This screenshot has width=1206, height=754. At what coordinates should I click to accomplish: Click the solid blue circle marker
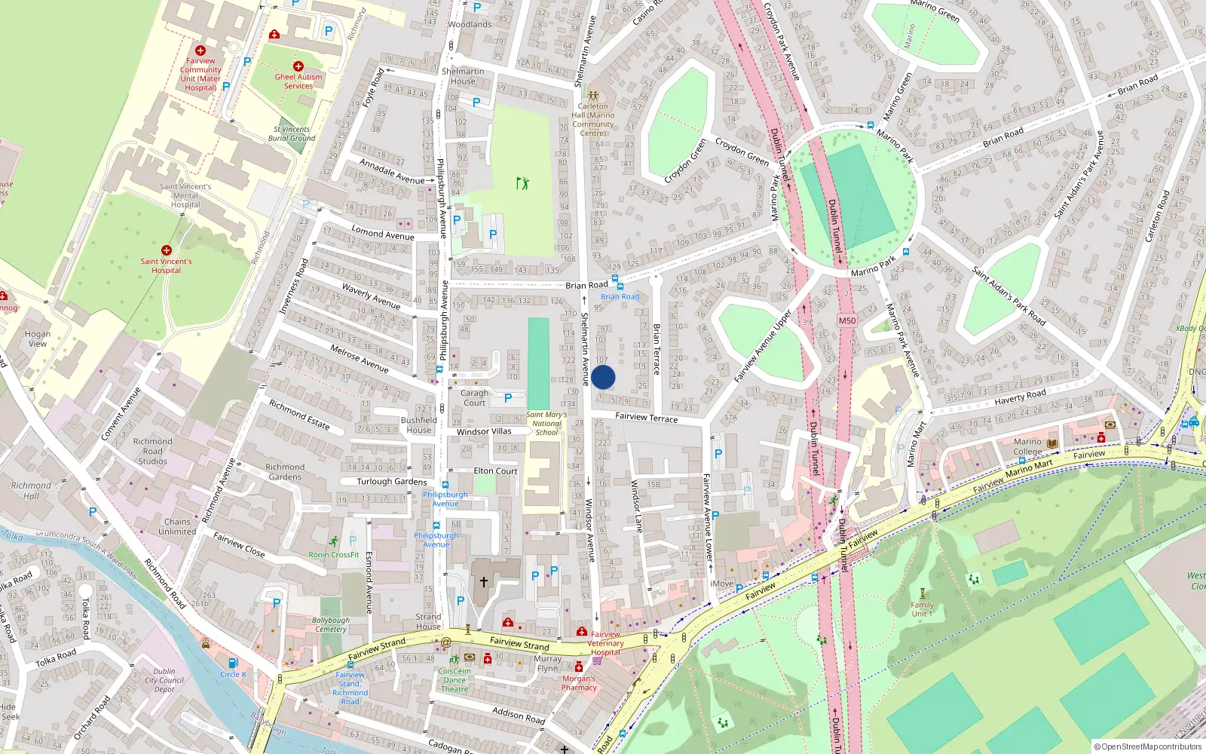(x=603, y=377)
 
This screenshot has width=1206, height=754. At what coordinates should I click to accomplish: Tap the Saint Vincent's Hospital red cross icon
(x=167, y=250)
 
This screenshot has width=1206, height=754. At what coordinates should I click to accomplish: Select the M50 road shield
(x=847, y=320)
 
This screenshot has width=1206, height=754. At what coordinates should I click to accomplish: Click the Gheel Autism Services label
(x=298, y=81)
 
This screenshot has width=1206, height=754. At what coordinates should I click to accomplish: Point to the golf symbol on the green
(x=522, y=182)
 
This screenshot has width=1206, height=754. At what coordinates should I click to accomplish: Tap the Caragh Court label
(x=475, y=397)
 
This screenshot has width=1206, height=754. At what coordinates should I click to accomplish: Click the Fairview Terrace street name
(x=646, y=417)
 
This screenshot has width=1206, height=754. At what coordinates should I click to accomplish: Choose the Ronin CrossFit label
(x=334, y=555)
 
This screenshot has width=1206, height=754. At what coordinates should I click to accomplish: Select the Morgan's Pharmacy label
(x=579, y=683)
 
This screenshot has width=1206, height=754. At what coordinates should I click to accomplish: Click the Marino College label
(x=1027, y=446)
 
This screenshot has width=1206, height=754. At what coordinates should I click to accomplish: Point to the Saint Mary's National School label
(x=546, y=424)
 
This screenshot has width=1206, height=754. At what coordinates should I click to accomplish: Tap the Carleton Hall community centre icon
(x=593, y=96)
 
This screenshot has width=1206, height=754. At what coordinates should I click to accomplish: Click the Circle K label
(x=233, y=674)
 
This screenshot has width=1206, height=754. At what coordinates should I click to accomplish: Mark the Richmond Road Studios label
(x=153, y=451)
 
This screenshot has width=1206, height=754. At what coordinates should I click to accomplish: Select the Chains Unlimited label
(x=177, y=526)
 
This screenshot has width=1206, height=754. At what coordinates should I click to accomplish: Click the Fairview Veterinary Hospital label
(x=606, y=643)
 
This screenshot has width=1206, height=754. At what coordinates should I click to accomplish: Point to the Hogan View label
(x=38, y=339)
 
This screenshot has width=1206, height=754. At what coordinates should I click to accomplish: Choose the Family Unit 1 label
(x=922, y=609)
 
